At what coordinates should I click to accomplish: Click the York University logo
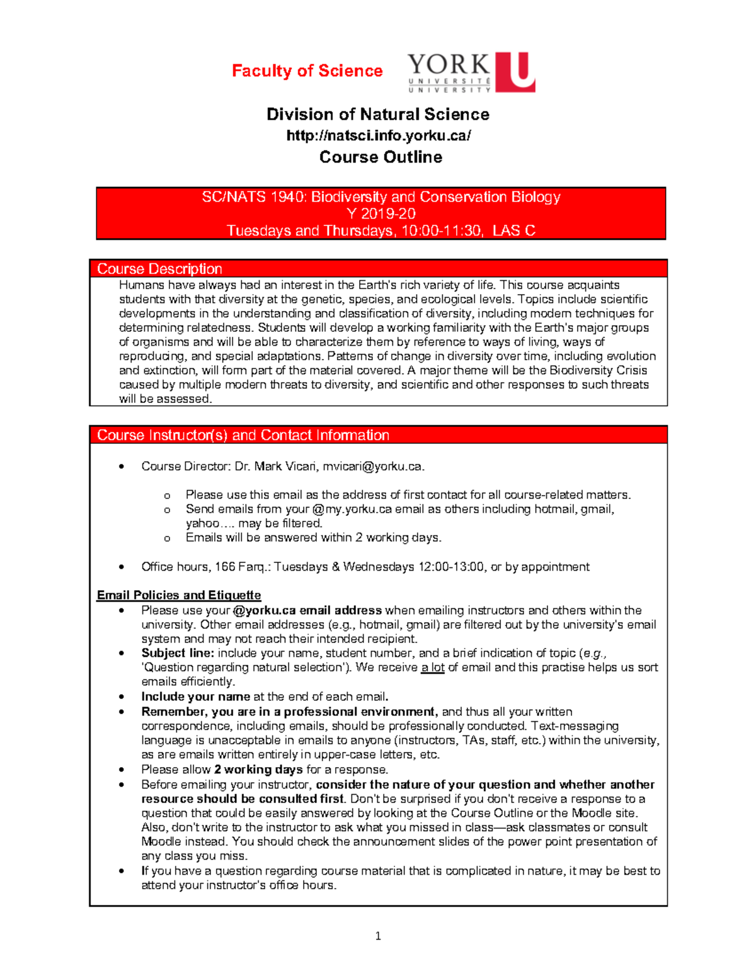[x=471, y=72]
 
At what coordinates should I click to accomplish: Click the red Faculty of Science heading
[x=307, y=71]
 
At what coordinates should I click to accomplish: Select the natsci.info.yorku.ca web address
[x=378, y=135]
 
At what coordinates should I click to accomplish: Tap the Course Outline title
[x=381, y=157]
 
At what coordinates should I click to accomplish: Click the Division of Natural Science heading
[x=378, y=114]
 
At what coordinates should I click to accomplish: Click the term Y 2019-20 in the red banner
[x=381, y=214]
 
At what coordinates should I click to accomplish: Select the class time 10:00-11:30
[x=441, y=230]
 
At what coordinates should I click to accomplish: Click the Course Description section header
[x=159, y=269]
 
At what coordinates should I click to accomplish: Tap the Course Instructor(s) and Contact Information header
[x=243, y=435]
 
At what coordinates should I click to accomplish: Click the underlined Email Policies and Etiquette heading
[x=179, y=595]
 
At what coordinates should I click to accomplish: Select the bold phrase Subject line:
[x=178, y=653]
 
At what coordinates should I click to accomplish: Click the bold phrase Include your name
[x=195, y=697]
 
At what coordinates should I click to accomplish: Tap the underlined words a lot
[x=433, y=668]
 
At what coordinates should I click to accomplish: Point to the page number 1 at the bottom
[x=378, y=936]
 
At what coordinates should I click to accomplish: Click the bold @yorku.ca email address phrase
[x=307, y=610]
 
